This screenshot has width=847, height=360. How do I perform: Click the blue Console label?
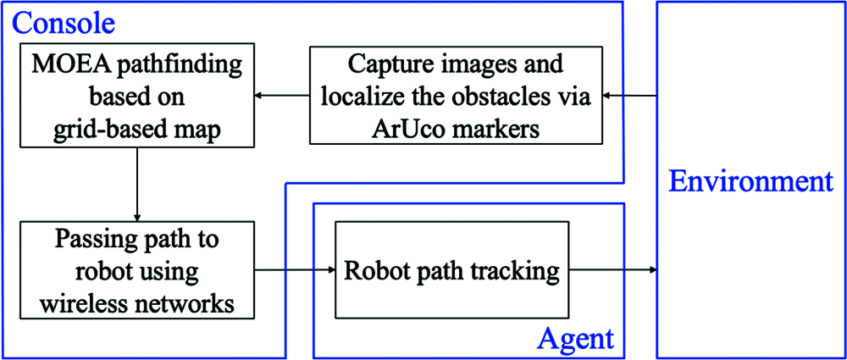point(64,19)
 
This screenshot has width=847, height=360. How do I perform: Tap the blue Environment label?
point(750,181)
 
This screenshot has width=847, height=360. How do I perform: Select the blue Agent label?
point(575,339)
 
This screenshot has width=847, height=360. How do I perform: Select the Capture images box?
point(456,96)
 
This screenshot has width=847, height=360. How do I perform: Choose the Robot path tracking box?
point(451,271)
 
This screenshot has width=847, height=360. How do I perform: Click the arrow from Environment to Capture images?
point(630,96)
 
